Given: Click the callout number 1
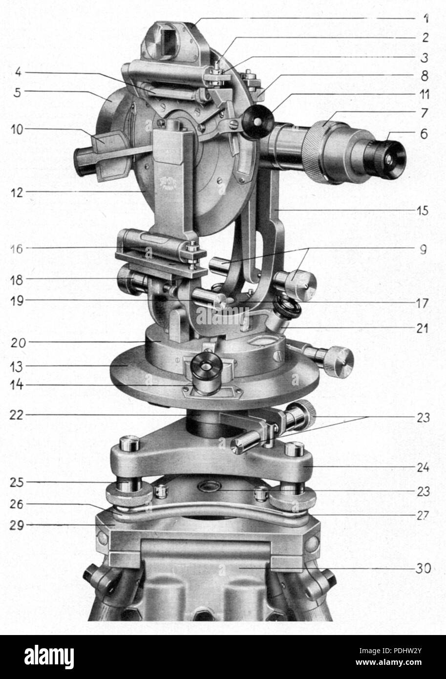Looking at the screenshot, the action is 426,19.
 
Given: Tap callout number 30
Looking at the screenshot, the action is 423,569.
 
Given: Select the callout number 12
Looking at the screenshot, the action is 17,192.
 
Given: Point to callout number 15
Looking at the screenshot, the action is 423,211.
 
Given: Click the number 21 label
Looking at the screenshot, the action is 423,328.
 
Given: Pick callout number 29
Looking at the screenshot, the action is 17,525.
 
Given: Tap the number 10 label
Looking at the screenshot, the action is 17,129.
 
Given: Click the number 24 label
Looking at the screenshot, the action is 423,467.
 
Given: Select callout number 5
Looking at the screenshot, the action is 17,92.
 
